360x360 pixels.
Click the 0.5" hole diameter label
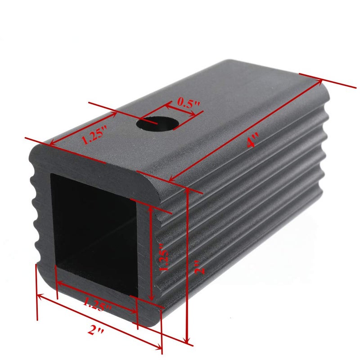pos(188,103)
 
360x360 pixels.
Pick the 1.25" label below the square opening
pos(97,305)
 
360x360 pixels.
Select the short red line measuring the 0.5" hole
pos(180,111)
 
